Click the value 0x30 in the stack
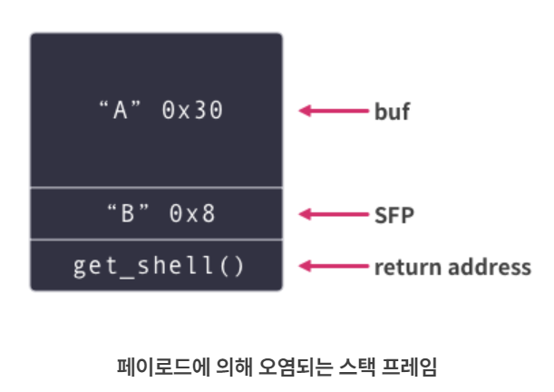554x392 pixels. coord(191,111)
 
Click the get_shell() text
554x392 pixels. coord(156,267)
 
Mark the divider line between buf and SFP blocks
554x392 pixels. coord(156,188)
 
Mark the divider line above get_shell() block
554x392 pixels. coord(156,240)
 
